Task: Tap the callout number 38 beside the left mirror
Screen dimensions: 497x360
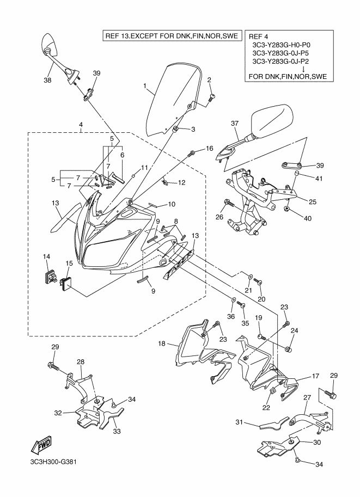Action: (x=47, y=80)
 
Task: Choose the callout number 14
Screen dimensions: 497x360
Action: (x=46, y=256)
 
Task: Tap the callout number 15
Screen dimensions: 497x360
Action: (x=69, y=263)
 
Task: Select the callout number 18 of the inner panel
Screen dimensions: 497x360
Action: (x=162, y=344)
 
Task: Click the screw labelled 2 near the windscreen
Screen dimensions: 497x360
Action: (x=212, y=97)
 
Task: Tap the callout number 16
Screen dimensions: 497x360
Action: (x=209, y=148)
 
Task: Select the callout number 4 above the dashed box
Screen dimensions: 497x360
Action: (x=80, y=125)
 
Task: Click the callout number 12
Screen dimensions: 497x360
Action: (x=181, y=182)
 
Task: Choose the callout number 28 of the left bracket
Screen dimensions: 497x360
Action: (x=80, y=362)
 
